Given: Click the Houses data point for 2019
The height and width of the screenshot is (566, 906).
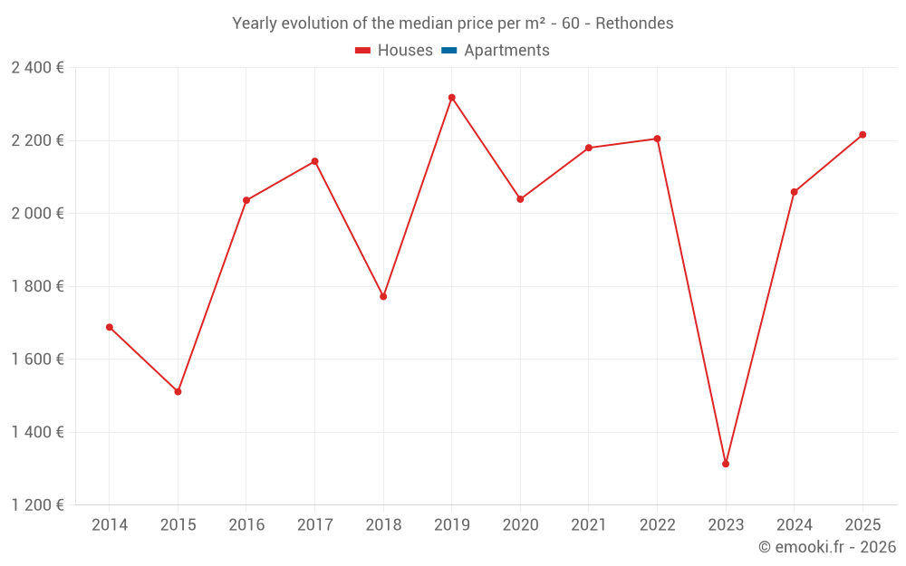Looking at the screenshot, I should [451, 98].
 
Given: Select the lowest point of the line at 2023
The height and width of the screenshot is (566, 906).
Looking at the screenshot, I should [726, 464].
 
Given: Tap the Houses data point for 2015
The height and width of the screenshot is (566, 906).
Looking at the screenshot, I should [178, 391].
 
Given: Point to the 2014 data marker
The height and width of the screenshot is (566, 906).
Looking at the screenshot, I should [110, 327].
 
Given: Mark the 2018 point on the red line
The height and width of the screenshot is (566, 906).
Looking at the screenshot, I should [383, 296].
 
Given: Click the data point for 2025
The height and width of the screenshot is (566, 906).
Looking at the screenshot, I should [863, 135].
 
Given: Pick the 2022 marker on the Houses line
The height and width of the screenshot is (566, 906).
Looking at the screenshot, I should [657, 139].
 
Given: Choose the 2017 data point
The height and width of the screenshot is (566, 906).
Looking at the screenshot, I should [314, 161].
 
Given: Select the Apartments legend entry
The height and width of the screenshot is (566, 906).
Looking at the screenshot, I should [506, 51].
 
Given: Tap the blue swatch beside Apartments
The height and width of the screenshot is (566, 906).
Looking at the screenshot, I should [448, 51].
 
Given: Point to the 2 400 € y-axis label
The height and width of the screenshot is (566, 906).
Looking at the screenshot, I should [37, 68].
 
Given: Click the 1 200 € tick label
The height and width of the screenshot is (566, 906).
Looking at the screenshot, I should [37, 504].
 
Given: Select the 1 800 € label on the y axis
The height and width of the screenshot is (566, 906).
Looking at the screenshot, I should [37, 286].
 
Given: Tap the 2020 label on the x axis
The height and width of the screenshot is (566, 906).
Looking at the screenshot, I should [520, 525].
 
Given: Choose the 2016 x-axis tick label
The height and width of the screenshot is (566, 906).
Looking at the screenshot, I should [246, 525].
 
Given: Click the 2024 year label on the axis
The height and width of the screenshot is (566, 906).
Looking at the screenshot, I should [794, 525].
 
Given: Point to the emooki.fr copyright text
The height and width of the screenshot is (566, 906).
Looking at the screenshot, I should [826, 547].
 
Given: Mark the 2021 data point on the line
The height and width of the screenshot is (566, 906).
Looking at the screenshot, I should [589, 148].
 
